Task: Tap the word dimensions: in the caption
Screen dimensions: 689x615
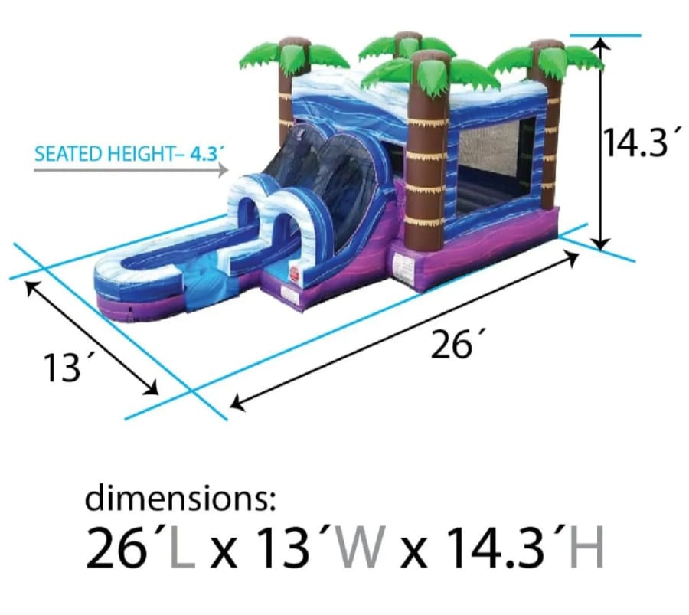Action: point(181,498)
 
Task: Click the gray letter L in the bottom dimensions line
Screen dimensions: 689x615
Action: point(182,548)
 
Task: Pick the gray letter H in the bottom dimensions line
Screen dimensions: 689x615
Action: point(587,548)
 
